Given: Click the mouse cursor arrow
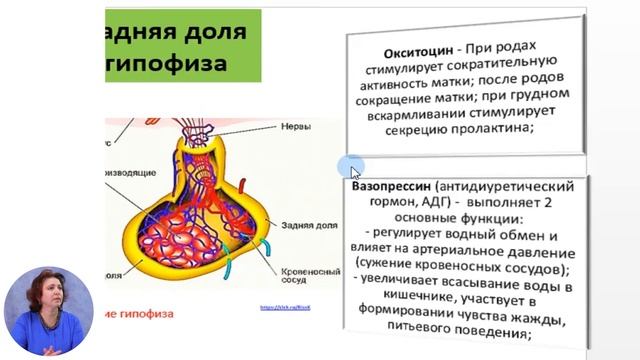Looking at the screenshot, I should click(x=354, y=170).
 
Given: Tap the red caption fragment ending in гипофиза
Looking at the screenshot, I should click(x=140, y=313).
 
